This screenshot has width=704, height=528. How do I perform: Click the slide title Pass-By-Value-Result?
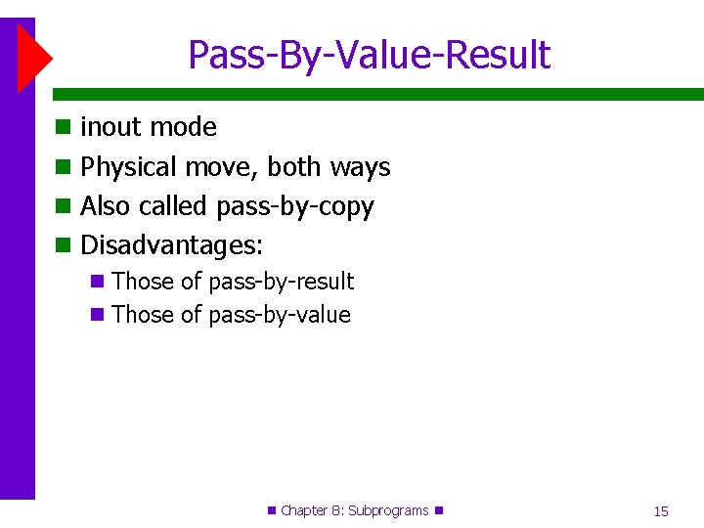369,56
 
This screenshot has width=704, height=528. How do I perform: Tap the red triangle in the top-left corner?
32,57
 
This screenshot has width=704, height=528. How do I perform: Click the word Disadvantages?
171,245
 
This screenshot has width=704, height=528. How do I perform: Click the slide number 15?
661,510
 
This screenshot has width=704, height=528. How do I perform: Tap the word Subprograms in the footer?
388,510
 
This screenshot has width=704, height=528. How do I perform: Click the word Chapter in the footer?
304,510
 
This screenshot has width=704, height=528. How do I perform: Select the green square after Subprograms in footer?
439,510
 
